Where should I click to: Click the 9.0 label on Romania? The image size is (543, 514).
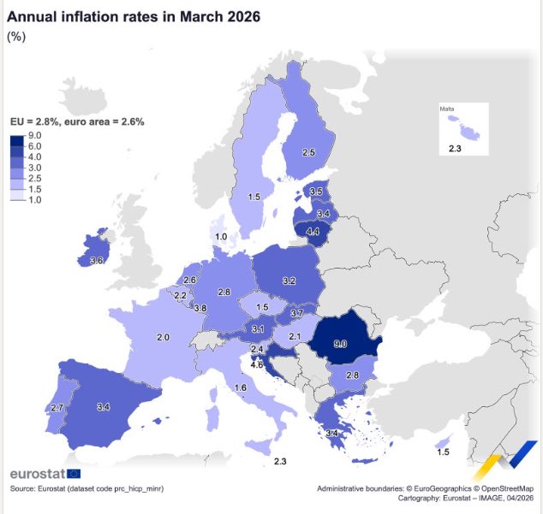(340, 344)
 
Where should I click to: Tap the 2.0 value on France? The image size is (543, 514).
(163, 337)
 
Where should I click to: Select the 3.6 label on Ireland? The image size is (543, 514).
(97, 261)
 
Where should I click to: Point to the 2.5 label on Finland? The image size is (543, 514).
(308, 152)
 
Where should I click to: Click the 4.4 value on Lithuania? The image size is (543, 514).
(313, 231)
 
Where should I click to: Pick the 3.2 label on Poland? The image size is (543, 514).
(289, 281)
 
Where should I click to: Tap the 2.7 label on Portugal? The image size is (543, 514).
(57, 407)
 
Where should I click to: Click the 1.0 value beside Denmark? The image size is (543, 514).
(221, 237)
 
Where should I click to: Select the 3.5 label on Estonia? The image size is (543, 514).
(316, 192)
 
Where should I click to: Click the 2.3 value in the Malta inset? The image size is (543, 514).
(455, 149)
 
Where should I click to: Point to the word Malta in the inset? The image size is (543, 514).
(447, 109)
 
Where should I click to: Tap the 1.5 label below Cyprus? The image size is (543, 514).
(443, 452)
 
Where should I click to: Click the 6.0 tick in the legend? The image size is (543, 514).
(34, 146)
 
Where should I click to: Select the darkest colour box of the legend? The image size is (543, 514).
(17, 141)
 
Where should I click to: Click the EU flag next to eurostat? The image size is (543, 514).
(74, 474)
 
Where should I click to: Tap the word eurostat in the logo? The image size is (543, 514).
(38, 474)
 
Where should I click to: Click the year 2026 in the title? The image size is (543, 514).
(244, 16)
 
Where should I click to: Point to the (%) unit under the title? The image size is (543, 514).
(16, 37)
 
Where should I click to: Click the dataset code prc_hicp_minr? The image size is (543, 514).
(139, 488)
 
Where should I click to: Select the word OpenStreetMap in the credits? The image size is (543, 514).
(507, 488)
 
